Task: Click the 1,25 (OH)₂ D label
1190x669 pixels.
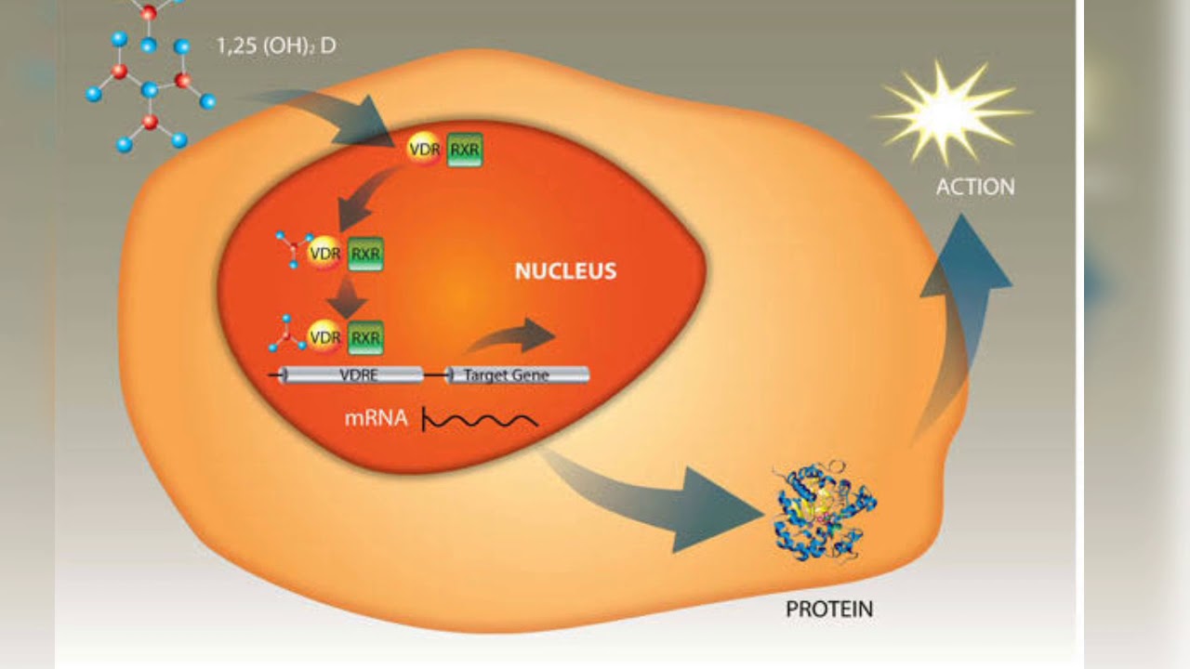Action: click(276, 46)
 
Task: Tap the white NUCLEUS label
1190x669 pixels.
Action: click(565, 271)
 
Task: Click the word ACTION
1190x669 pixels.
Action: click(974, 187)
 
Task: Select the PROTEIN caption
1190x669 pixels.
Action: click(829, 610)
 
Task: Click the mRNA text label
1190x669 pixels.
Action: click(376, 418)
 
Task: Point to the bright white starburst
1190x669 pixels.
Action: click(948, 112)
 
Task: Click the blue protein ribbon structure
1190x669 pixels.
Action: click(824, 512)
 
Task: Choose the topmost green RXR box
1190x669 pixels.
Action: click(465, 149)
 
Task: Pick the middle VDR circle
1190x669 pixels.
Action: click(324, 253)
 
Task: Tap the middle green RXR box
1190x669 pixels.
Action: click(365, 253)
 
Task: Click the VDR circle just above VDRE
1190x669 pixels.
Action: click(324, 337)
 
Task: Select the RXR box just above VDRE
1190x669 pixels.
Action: click(365, 337)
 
